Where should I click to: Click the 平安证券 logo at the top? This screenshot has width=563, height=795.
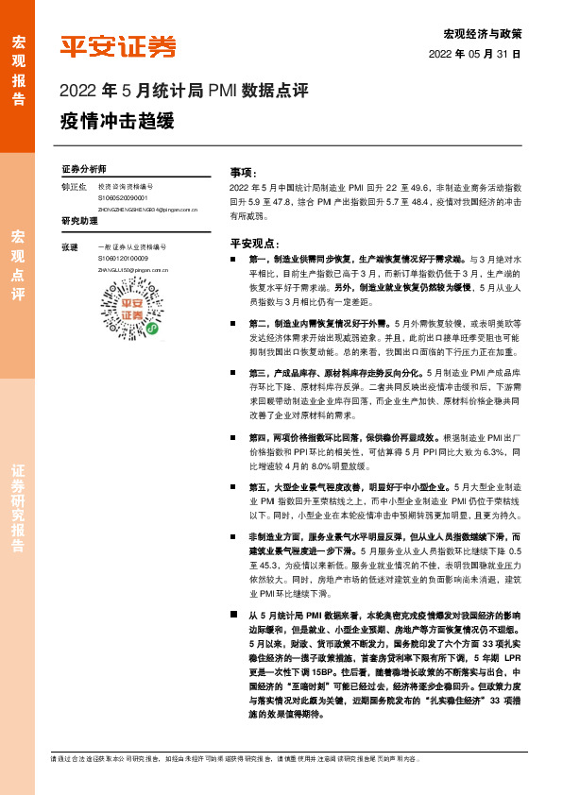tap(118, 46)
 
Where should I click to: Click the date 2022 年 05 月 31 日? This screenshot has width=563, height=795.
tap(474, 55)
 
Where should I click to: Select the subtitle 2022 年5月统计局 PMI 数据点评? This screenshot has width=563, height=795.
tap(183, 91)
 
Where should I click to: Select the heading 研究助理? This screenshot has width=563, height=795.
tap(79, 222)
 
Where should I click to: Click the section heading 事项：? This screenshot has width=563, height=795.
tap(244, 173)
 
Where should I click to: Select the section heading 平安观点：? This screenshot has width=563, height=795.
tap(250, 242)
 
